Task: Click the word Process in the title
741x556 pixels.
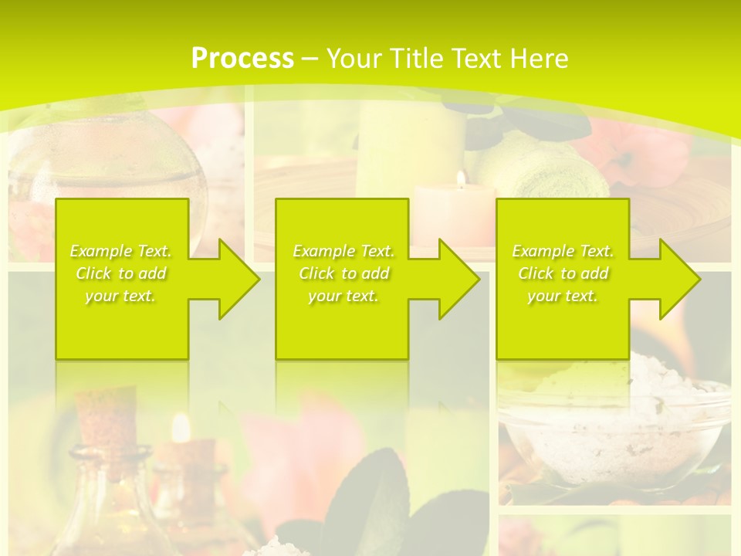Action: pos(242,59)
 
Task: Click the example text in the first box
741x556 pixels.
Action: pos(121,273)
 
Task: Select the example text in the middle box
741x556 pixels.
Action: pos(343,273)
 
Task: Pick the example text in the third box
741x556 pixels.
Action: pos(563,273)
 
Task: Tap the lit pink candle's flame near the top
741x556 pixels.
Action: pos(461,179)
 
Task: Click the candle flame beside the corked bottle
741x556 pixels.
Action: pos(181,427)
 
